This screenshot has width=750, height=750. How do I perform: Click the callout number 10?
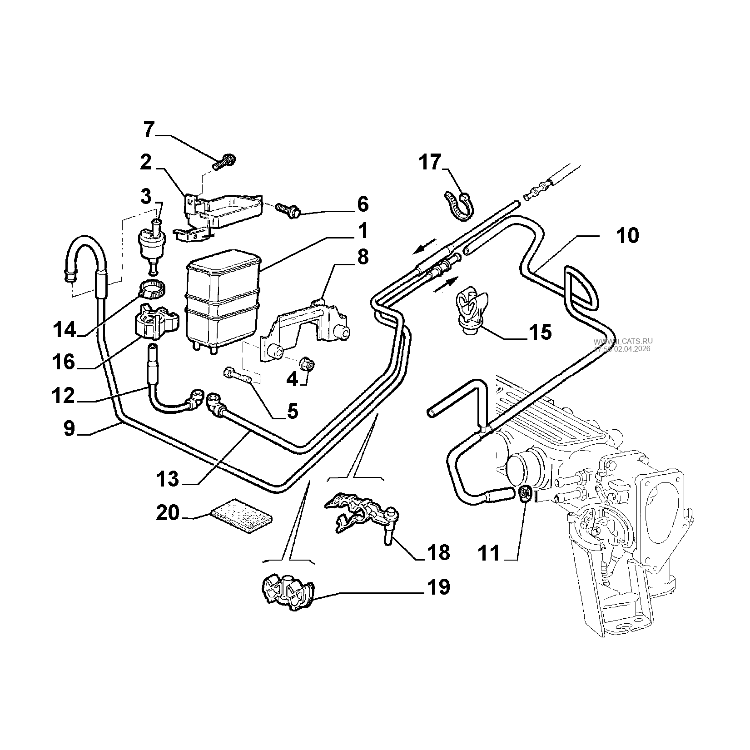click(x=627, y=236)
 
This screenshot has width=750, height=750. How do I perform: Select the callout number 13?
click(x=168, y=479)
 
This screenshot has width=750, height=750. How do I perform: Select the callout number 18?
click(x=437, y=552)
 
